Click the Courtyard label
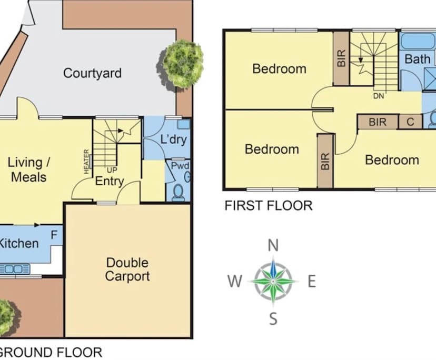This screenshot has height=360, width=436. tap(92, 73)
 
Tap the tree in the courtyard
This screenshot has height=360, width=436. tap(182, 63)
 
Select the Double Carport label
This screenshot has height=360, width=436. tap(127, 269)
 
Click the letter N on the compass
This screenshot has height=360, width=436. tap(273, 245)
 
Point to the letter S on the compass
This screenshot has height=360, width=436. tap(273, 318)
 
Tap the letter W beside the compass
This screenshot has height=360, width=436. tap(235, 282)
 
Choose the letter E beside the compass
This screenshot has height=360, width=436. tap(311, 282)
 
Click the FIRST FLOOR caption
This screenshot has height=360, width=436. tap(268, 205)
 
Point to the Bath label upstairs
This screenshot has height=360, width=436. tap(417, 59)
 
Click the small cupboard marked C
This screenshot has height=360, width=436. tap(410, 122)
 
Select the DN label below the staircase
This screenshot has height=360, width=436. tap(378, 96)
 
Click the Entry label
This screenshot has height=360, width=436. tap(109, 182)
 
